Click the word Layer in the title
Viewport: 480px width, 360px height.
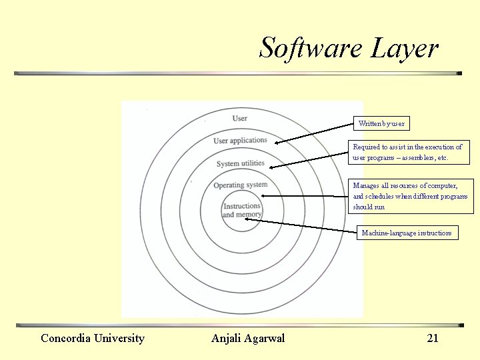point(404,49)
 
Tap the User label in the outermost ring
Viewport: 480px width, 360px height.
point(240,119)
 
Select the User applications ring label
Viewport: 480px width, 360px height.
point(240,141)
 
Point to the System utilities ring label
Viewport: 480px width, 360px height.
point(241,163)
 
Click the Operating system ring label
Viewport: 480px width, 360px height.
point(241,185)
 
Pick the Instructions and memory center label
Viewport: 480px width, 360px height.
point(241,211)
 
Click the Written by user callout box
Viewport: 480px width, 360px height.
point(381,123)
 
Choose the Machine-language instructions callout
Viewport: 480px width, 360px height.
point(407,233)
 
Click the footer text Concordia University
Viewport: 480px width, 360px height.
point(93,338)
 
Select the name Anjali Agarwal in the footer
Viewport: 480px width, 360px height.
point(248,338)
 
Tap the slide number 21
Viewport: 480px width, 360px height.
point(433,338)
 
